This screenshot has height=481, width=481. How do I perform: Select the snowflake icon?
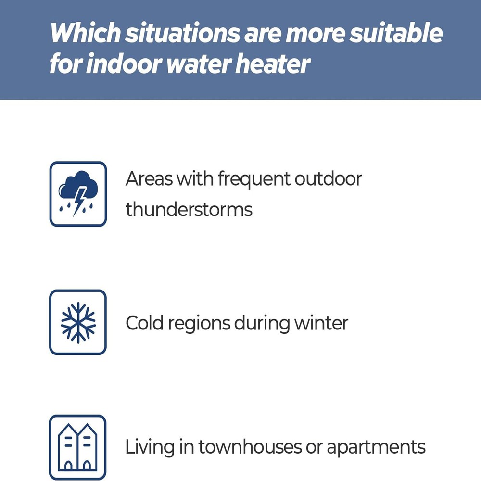coord(78,322)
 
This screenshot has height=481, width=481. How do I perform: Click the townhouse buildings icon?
coord(78,447)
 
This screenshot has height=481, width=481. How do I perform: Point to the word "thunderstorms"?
coord(189,210)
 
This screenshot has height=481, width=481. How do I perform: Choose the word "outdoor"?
coord(329,179)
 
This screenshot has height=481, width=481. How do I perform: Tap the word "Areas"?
coord(148,179)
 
